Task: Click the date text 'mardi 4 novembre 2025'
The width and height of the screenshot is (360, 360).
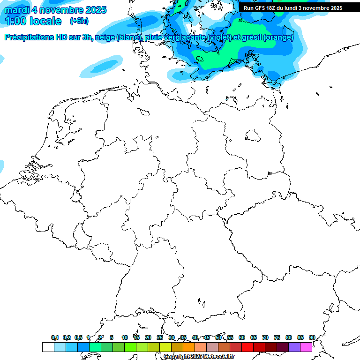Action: click(55, 10)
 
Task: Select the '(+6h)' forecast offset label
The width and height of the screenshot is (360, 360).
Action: click(79, 21)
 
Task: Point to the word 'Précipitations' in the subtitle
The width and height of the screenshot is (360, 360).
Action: click(28, 37)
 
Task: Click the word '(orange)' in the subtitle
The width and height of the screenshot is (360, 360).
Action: click(278, 37)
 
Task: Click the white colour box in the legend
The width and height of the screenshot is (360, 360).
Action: click(48, 347)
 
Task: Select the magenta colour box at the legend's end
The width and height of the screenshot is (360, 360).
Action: click(306, 347)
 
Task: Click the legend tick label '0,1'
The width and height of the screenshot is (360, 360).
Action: click(55, 337)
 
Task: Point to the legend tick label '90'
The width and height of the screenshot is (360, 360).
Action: click(312, 337)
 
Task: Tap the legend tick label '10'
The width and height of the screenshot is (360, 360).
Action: click(125, 337)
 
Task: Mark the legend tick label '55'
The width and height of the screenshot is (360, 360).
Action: click(230, 337)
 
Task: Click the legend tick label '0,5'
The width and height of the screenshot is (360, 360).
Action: click(78, 337)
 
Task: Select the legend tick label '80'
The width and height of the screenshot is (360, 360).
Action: click(289, 337)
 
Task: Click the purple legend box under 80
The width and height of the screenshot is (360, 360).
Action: click(294, 347)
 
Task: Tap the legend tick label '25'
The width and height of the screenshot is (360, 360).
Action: click(160, 337)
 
